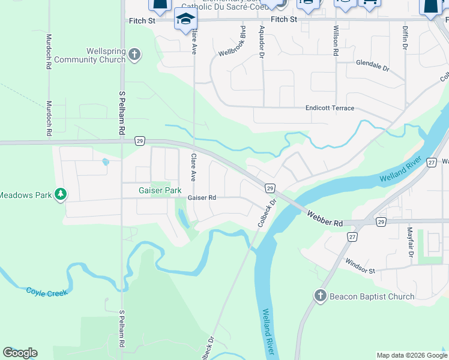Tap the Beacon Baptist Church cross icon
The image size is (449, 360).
(320, 296)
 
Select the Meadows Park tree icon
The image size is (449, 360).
(60, 194)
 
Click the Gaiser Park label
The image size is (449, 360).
(160, 190)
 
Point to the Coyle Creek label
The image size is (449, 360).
(47, 291)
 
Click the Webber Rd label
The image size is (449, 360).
(325, 218)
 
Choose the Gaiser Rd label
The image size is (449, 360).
(202, 197)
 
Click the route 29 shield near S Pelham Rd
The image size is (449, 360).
(139, 141)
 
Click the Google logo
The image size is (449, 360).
(20, 353)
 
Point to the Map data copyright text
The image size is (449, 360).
(412, 355)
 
